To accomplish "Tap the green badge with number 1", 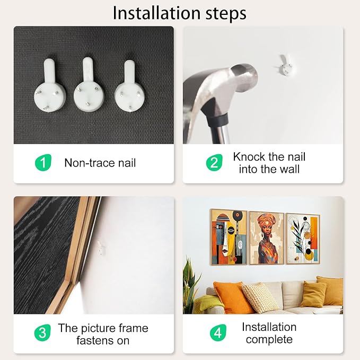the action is point(43,162).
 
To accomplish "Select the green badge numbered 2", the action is point(214,163).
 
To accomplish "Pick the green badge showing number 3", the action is point(42,332).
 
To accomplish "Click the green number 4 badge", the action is point(218,332).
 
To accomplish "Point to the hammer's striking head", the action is point(244,77).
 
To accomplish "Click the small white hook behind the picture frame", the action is point(101,248).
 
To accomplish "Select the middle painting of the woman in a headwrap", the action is point(267,238).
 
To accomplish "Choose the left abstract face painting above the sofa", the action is point(229,237).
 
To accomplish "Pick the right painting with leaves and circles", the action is point(303,239).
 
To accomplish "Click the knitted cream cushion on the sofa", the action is point(260,298).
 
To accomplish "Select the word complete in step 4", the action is point(269,339).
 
